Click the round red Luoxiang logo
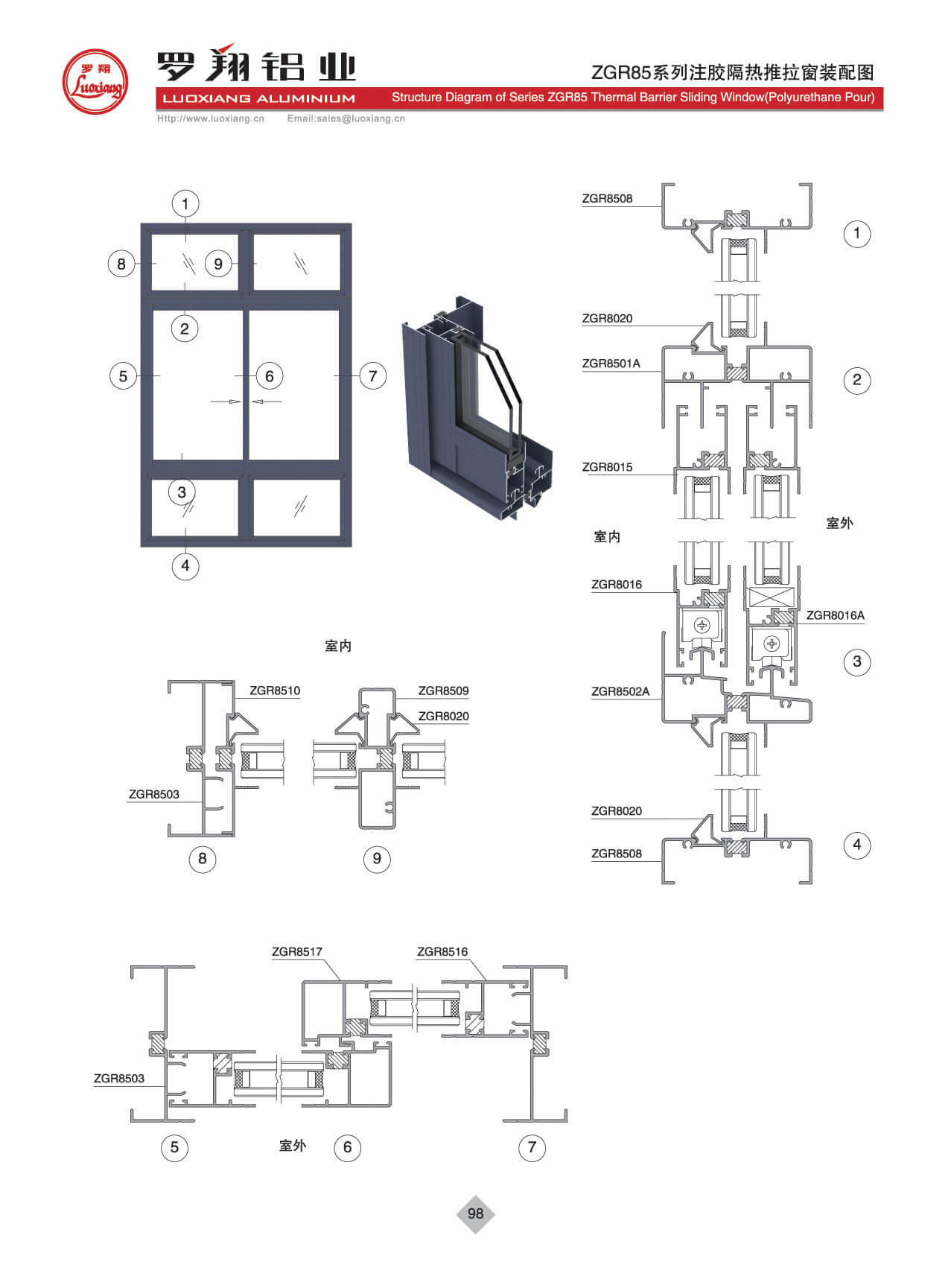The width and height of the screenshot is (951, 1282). [x=95, y=82]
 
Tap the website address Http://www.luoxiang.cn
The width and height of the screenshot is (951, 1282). [x=211, y=118]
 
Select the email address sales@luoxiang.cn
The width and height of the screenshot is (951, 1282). [x=346, y=118]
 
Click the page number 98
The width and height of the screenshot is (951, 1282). [x=475, y=1213]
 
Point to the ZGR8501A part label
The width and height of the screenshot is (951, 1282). [x=611, y=364]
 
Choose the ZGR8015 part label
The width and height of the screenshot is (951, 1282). [x=607, y=467]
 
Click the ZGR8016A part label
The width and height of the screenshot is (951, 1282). [x=835, y=615]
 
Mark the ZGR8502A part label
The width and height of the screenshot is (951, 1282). [x=620, y=691]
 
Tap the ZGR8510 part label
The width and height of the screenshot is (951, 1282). [x=275, y=691]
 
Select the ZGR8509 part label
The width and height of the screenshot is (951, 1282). [x=443, y=691]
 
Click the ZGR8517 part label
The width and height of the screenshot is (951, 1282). [x=296, y=951]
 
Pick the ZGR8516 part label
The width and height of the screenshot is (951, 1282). [x=442, y=951]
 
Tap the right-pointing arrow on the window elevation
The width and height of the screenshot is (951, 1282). [x=226, y=402]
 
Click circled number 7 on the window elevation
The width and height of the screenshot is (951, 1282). [x=372, y=376]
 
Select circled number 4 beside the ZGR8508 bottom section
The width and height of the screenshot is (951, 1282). [x=856, y=845]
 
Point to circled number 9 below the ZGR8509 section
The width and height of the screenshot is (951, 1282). [x=377, y=859]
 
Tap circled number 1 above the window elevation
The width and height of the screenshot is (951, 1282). [x=185, y=203]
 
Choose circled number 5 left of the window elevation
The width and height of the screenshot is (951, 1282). [x=123, y=376]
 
